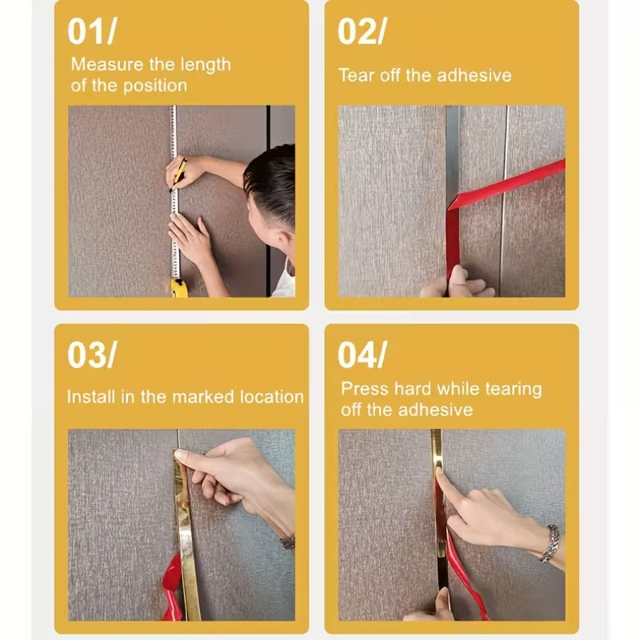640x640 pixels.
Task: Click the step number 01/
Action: tap(92, 31)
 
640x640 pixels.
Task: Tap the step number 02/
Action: tap(362, 31)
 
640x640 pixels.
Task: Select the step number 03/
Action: tap(92, 356)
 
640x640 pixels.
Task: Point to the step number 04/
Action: tap(362, 356)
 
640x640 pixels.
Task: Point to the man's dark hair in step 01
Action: tap(272, 180)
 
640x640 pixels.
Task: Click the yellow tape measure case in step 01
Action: tap(179, 287)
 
